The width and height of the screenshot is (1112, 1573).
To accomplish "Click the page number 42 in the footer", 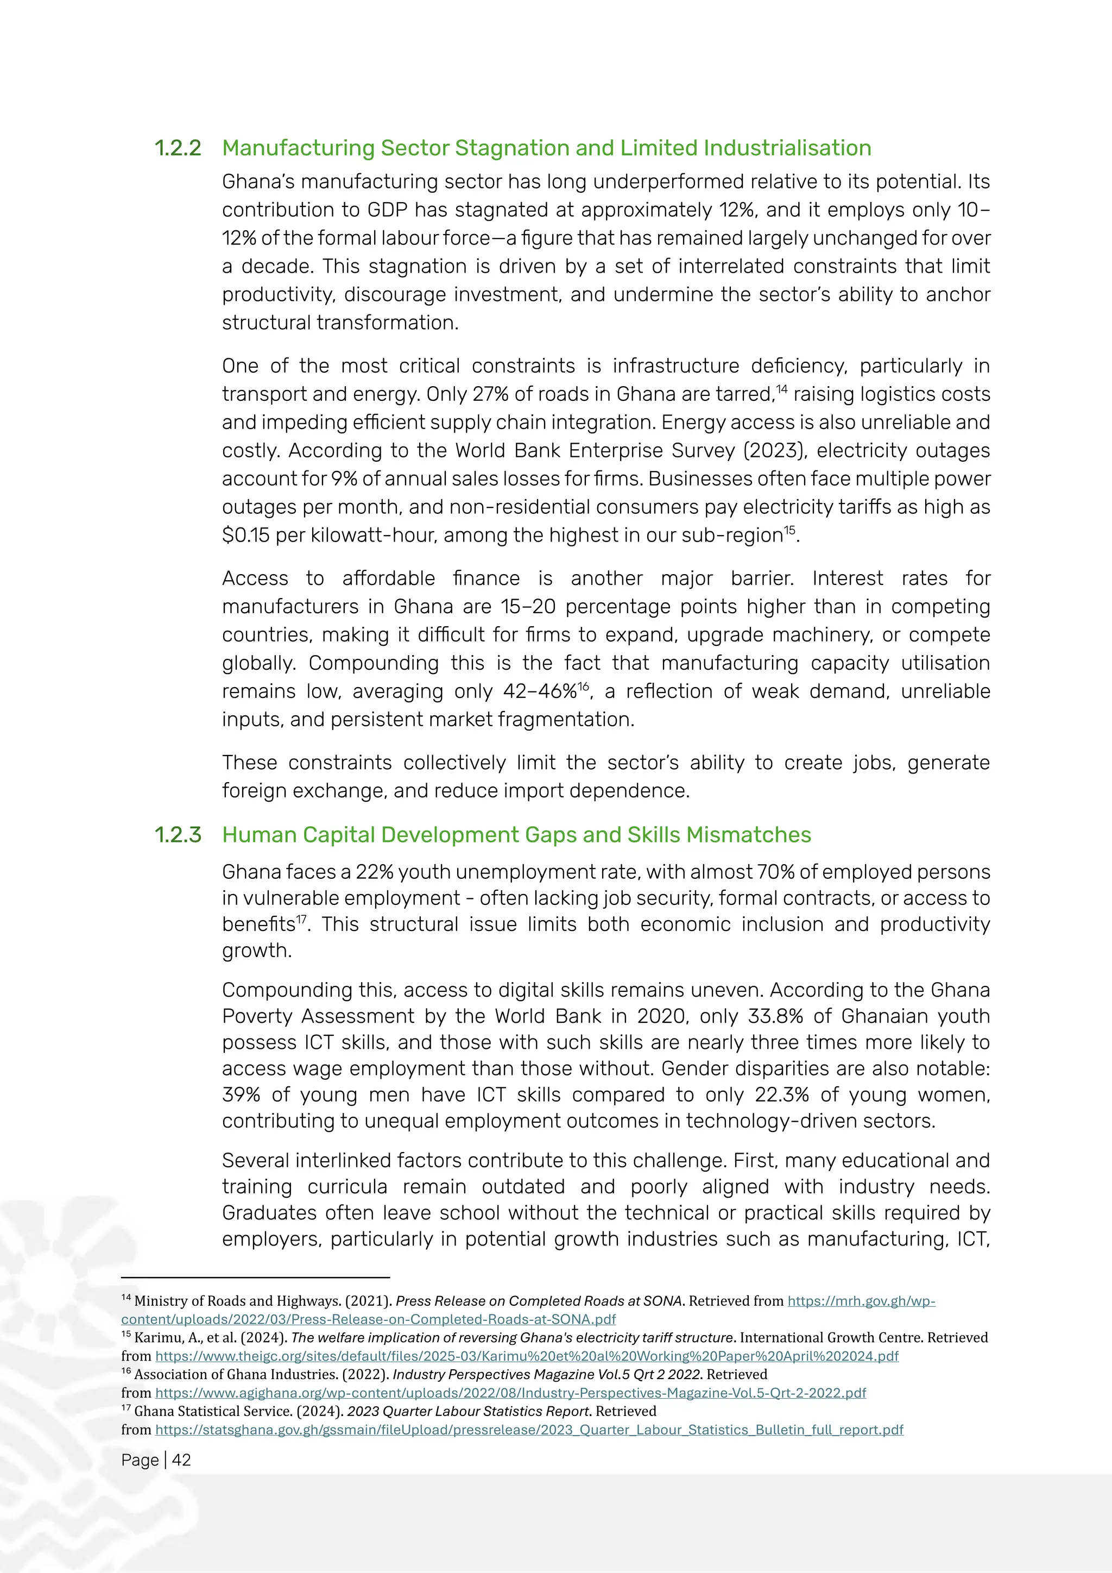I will [181, 1460].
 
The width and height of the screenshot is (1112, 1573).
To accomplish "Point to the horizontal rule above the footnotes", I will [255, 1278].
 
